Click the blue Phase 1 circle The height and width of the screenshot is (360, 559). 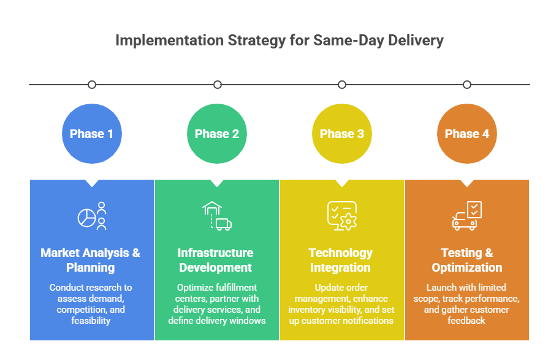click(x=91, y=134)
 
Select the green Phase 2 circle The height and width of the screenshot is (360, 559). click(x=216, y=134)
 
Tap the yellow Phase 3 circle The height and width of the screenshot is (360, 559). click(x=341, y=134)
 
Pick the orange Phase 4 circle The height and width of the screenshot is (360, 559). click(x=466, y=134)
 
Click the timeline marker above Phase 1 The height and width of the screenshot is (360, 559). click(x=92, y=85)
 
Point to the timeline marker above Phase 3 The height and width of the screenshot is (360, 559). click(x=342, y=85)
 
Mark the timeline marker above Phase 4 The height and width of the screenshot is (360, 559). click(x=467, y=85)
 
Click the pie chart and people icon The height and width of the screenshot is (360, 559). click(x=92, y=216)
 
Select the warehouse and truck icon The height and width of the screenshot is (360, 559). click(x=216, y=216)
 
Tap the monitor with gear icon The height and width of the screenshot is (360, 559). click(x=341, y=216)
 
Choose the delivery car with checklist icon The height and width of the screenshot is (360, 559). click(x=466, y=216)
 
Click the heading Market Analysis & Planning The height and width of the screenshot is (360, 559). click(x=91, y=260)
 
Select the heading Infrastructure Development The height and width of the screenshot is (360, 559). click(x=215, y=260)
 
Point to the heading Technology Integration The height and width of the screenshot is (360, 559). click(x=340, y=260)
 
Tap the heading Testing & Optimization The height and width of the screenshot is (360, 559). click(x=466, y=260)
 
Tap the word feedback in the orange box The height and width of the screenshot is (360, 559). click(x=466, y=321)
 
